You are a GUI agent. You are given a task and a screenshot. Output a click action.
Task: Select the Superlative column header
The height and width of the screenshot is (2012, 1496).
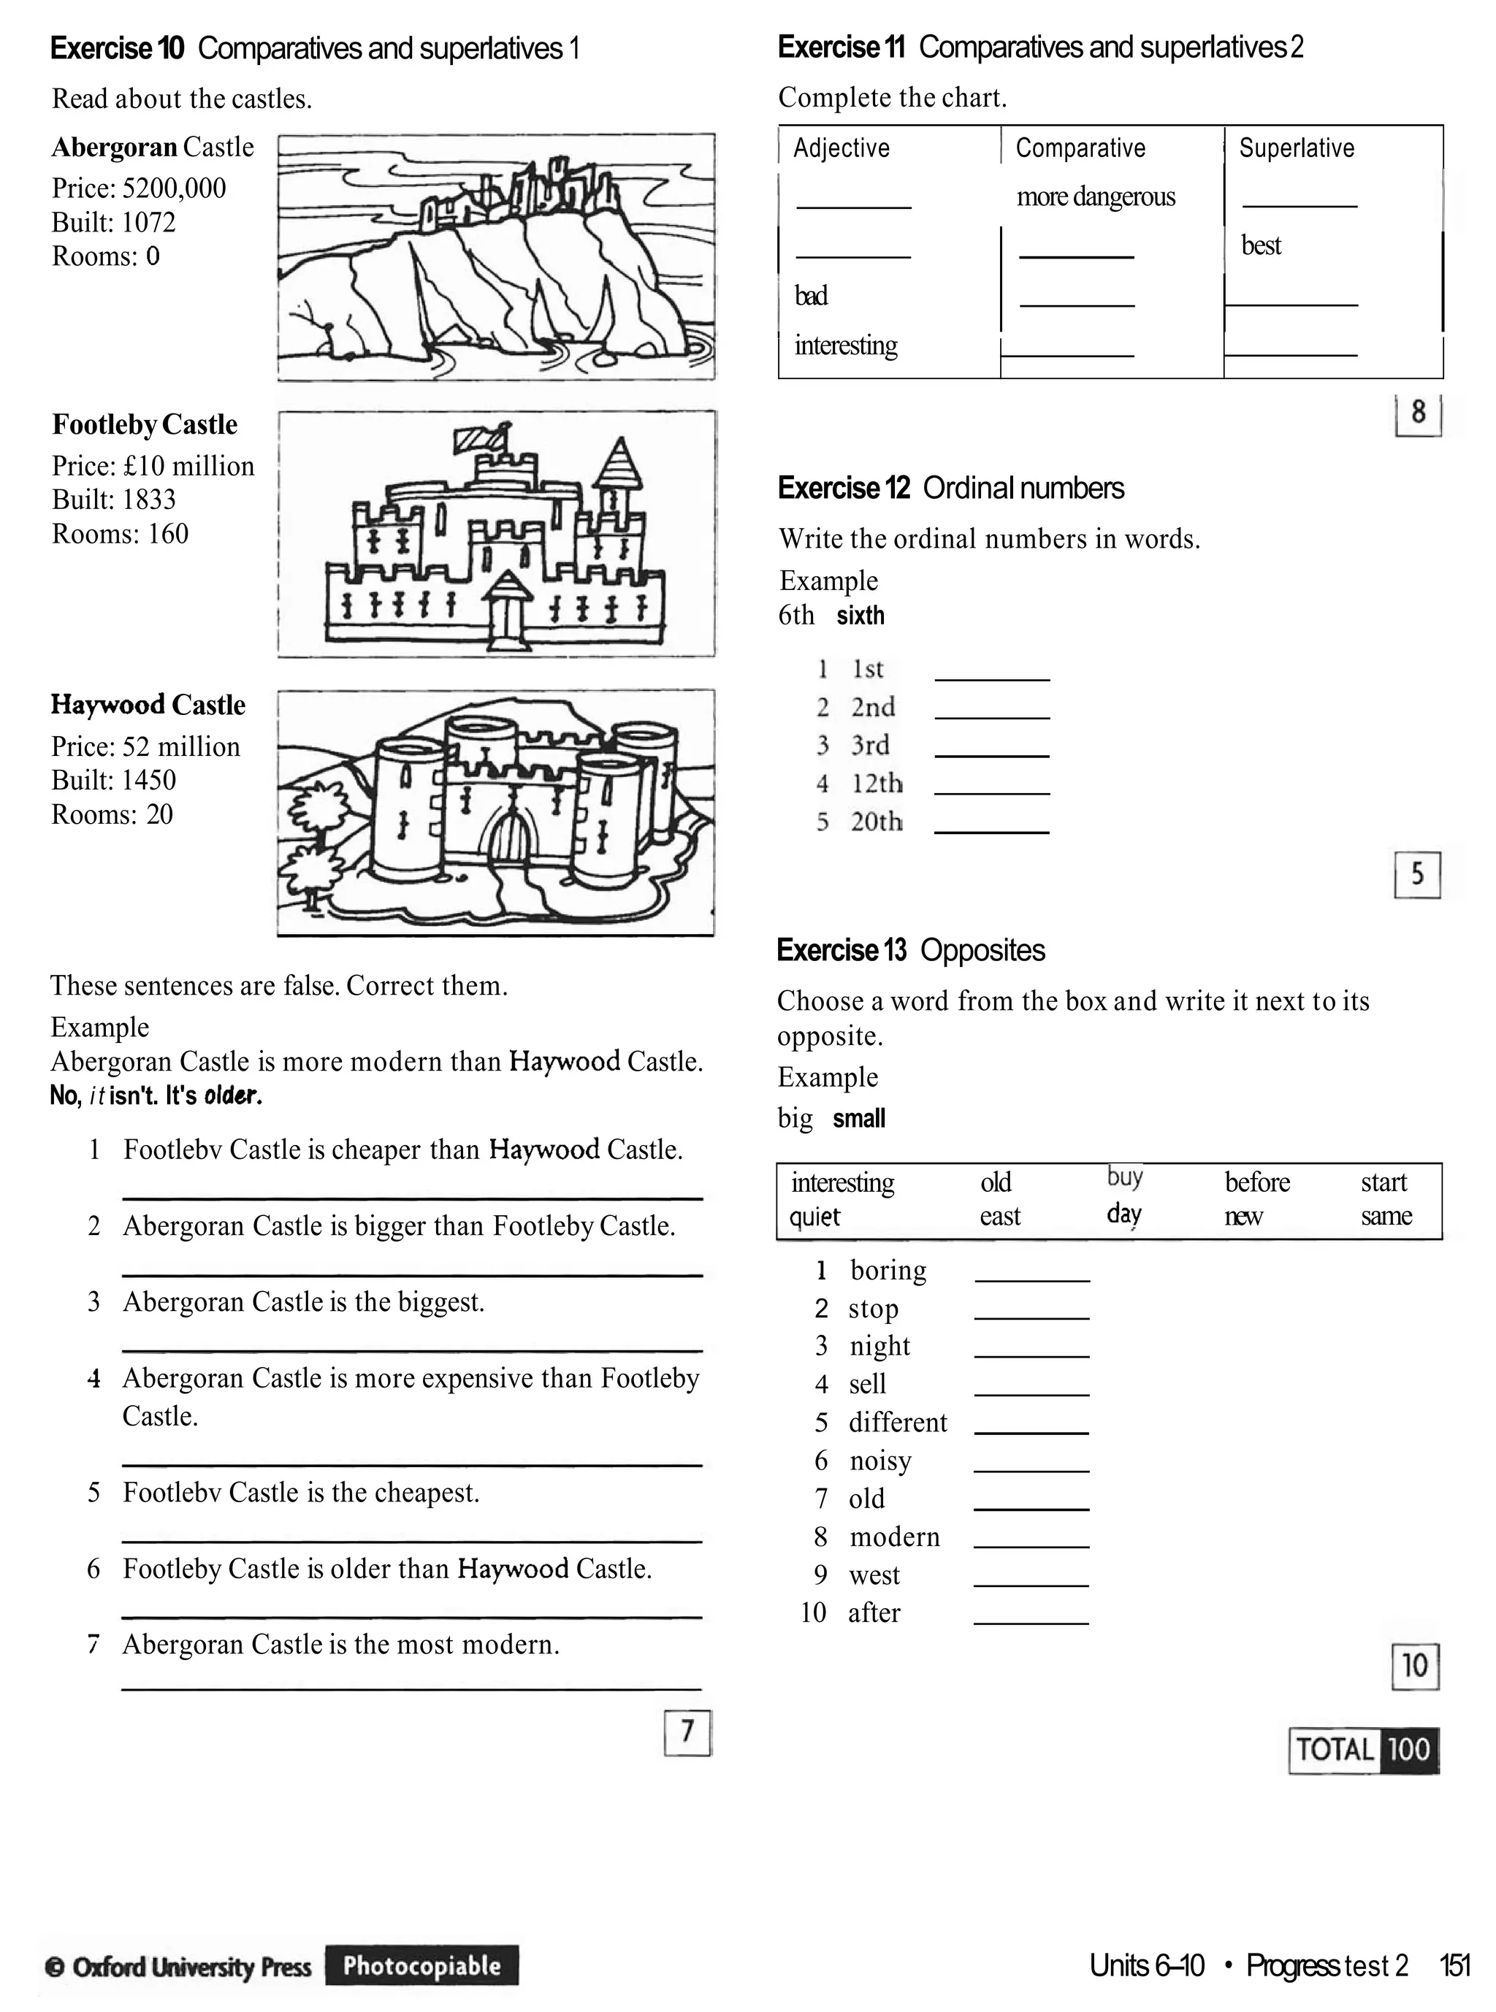pos(1296,148)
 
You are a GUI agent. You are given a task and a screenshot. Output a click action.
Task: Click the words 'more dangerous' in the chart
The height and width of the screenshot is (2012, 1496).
pos(1095,196)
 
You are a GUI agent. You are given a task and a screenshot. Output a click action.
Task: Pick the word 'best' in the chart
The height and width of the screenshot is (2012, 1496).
pos(1261,245)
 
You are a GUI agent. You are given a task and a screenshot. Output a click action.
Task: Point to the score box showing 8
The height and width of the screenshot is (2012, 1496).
pos(1417,414)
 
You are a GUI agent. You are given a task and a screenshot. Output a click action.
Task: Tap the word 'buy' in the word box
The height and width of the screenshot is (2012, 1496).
pos(1125,1177)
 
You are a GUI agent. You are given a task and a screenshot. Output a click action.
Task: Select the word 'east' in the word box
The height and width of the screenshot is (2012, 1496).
pos(1000,1216)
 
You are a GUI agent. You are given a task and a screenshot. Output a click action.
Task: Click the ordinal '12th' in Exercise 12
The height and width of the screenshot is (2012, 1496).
pos(876,783)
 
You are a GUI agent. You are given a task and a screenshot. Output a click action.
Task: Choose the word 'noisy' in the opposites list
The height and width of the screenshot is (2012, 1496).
pos(880,1461)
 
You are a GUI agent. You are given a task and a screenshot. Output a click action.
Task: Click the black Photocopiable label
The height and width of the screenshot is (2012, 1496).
pos(422,1965)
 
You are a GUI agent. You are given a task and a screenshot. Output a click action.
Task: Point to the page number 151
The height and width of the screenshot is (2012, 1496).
pos(1454,1966)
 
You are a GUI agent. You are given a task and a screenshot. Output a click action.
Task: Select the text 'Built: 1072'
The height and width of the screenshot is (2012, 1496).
pos(113,223)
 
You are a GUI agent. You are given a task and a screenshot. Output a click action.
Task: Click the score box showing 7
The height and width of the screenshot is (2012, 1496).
pos(687,1732)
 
